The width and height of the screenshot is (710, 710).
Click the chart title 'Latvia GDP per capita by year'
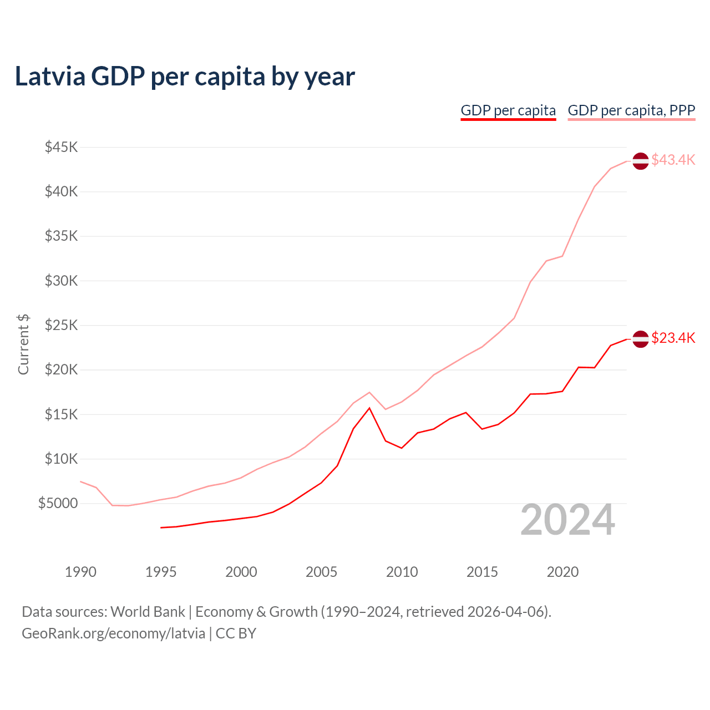(x=185, y=77)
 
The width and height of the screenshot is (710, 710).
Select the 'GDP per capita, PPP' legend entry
(x=631, y=110)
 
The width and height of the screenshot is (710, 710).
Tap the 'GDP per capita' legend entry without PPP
(x=508, y=110)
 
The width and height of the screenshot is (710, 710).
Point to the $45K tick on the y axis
(x=62, y=147)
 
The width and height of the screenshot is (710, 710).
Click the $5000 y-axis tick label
(x=58, y=503)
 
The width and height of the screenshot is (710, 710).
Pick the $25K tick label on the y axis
(x=62, y=325)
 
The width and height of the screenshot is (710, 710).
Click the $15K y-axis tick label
(x=62, y=414)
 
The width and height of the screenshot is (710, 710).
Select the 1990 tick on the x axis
(x=80, y=572)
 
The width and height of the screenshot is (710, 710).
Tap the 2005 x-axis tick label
(x=321, y=572)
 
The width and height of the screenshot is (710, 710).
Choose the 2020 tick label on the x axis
(x=562, y=572)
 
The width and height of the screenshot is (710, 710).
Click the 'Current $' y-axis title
(x=23, y=344)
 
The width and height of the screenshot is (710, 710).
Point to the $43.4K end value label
(x=673, y=160)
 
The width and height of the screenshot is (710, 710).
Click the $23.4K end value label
(x=673, y=338)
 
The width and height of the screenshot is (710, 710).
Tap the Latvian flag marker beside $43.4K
(x=641, y=161)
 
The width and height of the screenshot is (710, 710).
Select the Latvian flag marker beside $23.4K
(x=641, y=339)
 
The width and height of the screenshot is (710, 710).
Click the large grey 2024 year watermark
(x=567, y=520)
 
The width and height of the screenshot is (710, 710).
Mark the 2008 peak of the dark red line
(x=369, y=408)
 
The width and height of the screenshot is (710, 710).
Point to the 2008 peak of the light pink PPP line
(x=369, y=392)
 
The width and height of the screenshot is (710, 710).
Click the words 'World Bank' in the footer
(x=148, y=612)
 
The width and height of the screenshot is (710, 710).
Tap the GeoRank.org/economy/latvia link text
(x=114, y=633)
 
